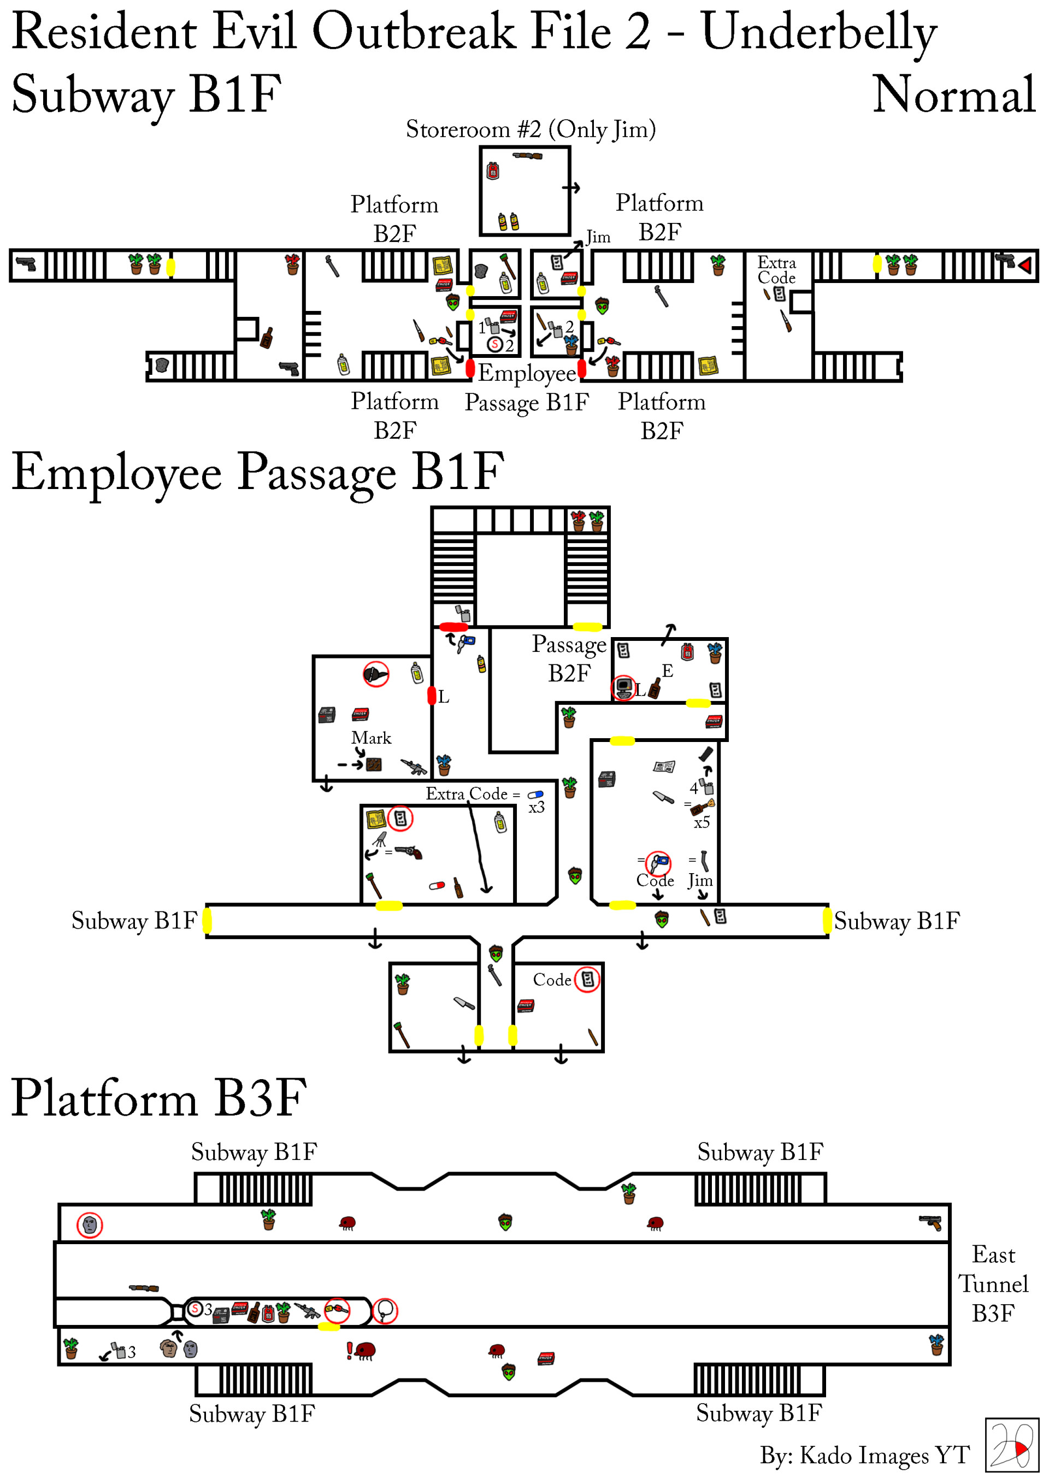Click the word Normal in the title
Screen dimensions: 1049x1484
(953, 95)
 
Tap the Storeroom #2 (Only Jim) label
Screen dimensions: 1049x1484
(531, 129)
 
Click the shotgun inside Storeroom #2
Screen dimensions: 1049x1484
(527, 156)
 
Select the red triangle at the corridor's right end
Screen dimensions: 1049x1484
(1024, 265)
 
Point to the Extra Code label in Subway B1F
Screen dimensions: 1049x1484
(776, 270)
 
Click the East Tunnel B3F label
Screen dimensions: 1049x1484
(993, 1283)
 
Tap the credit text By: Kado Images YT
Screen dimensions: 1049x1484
(865, 1456)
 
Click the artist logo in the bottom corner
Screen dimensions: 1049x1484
(1011, 1445)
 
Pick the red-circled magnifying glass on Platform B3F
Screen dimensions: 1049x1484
(385, 1311)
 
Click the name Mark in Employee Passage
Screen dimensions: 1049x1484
(371, 738)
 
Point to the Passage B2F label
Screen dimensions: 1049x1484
(569, 658)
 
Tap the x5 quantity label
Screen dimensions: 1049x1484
(702, 823)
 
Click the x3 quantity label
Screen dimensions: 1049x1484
(537, 807)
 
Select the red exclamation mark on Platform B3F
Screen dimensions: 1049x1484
(350, 1350)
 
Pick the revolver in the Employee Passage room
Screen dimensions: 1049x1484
(409, 852)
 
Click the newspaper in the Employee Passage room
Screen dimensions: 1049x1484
(664, 767)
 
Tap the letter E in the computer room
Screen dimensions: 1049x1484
(668, 671)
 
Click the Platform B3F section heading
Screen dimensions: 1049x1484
(159, 1098)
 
